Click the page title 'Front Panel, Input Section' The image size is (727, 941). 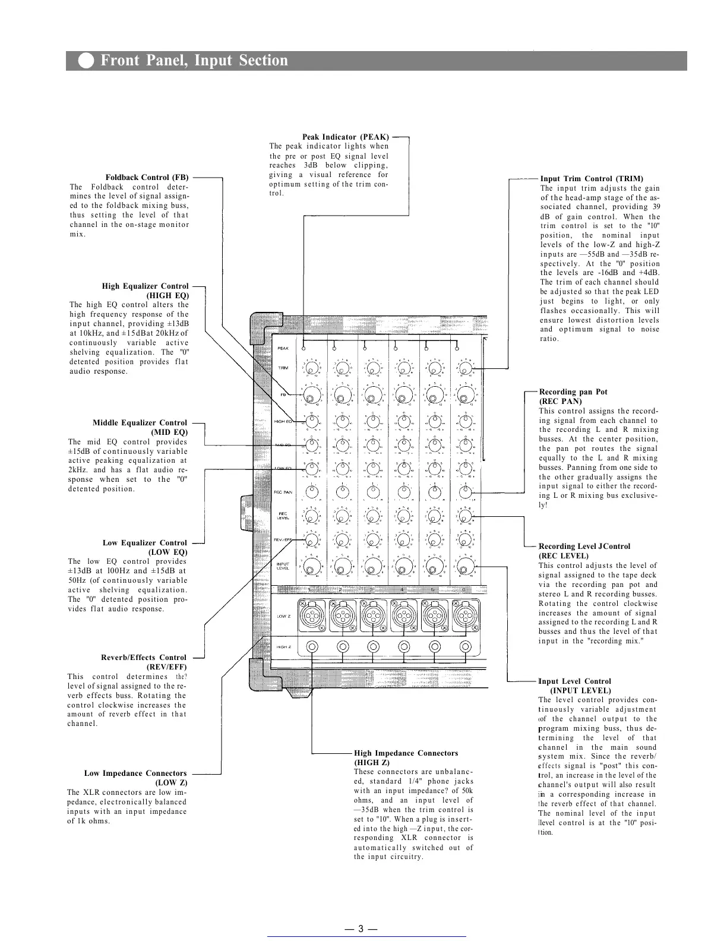194,61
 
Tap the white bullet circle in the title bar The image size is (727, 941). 86,61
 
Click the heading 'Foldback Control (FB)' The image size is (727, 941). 147,178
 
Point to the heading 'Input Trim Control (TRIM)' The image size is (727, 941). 592,178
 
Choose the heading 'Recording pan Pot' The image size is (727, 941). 573,391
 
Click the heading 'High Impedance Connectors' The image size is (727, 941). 406,753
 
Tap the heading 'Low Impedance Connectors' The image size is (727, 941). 135,773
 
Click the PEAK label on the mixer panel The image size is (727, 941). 283,349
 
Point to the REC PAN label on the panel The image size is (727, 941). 283,492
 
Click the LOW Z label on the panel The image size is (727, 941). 283,616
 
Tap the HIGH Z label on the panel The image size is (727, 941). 283,647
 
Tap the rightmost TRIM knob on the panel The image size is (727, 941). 465,368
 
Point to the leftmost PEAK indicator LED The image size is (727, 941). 304,349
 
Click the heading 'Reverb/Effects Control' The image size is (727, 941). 144,657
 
